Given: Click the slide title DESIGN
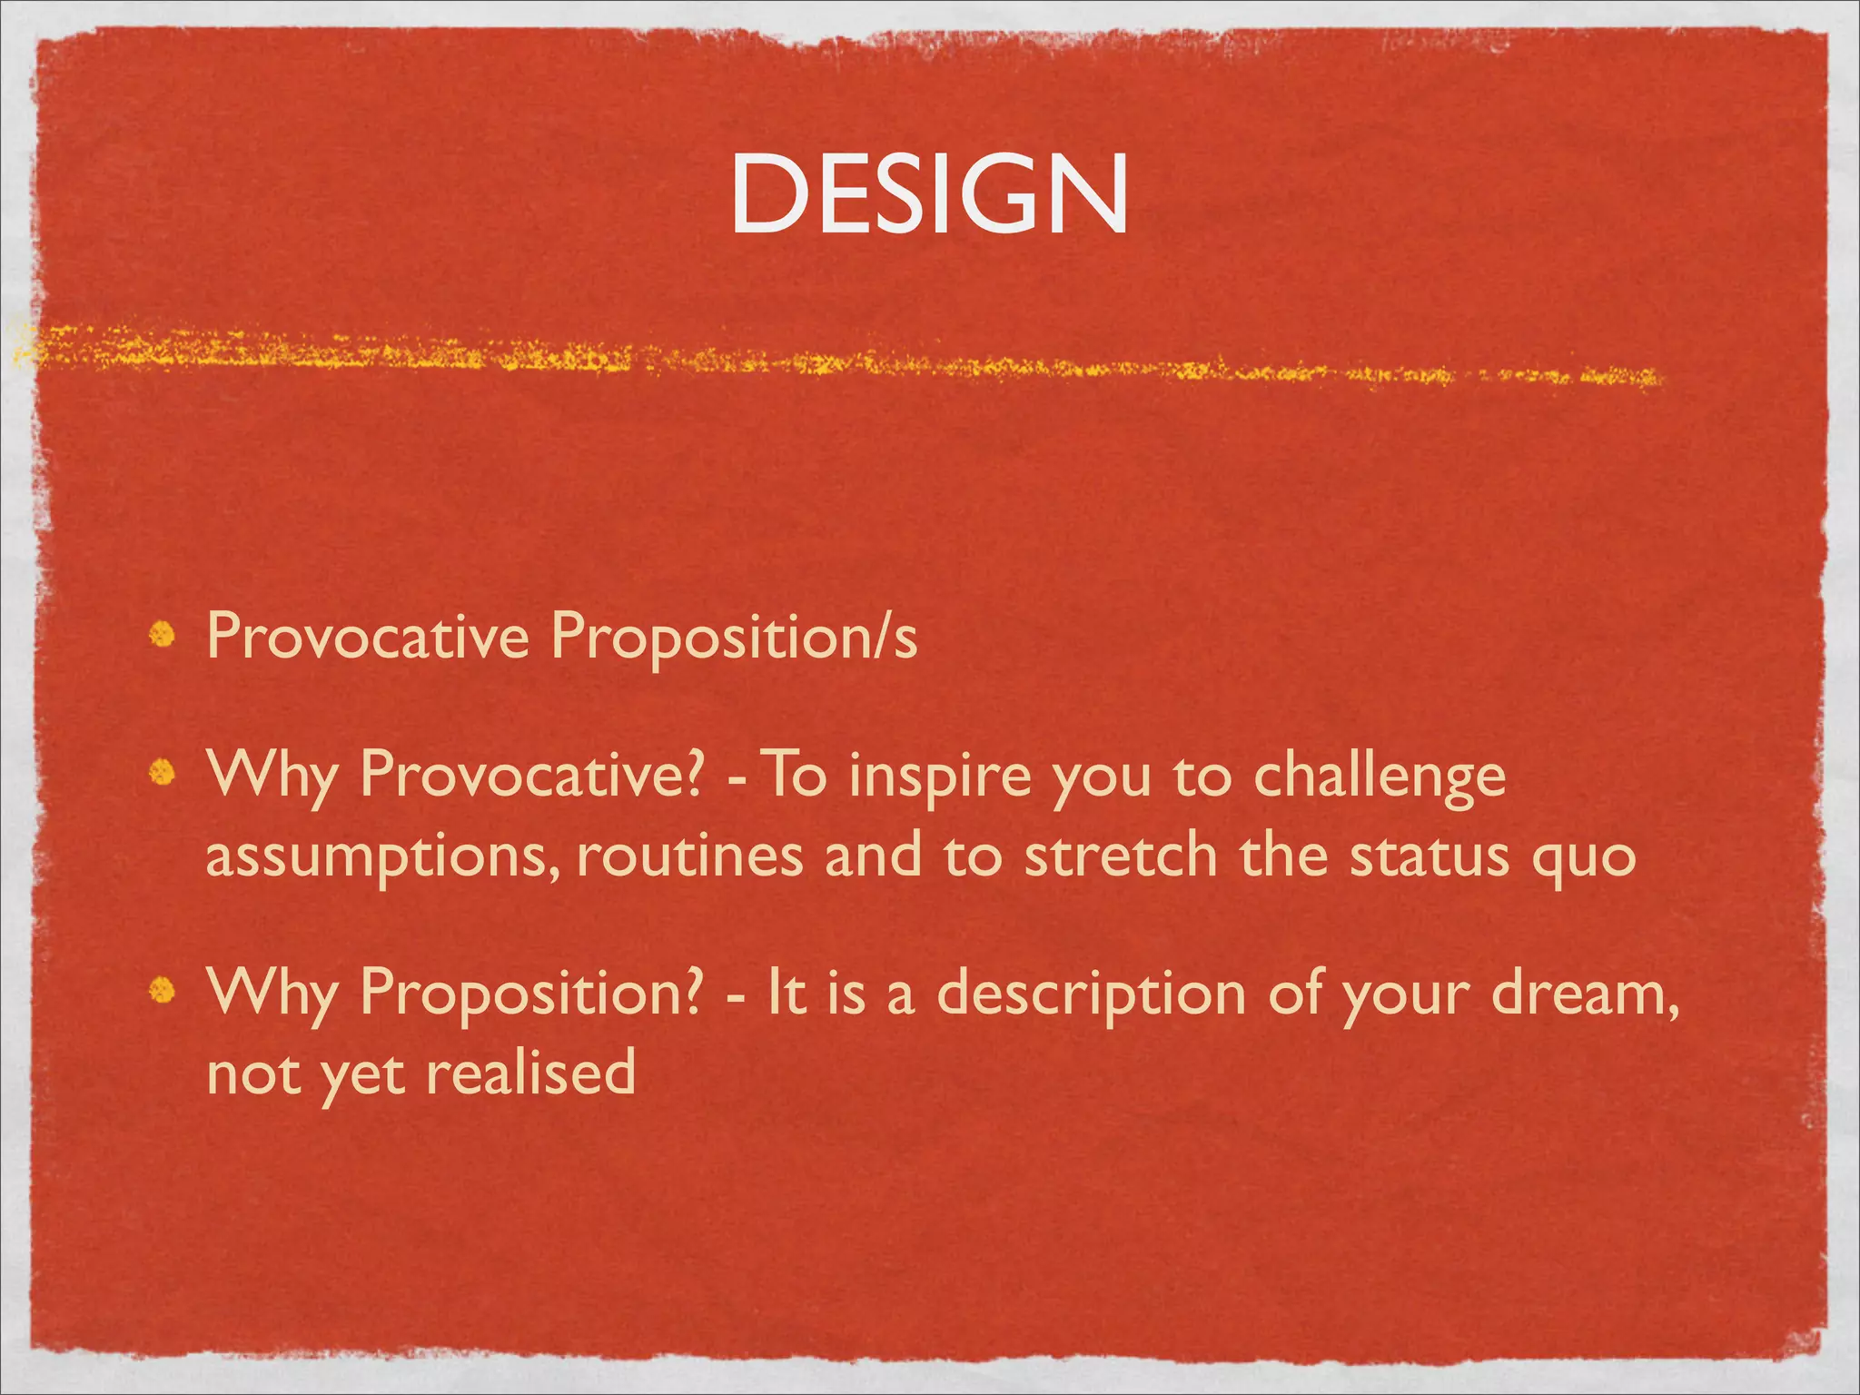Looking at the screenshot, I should pyautogui.click(x=929, y=193).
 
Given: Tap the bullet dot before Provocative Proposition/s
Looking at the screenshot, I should pyautogui.click(x=163, y=635).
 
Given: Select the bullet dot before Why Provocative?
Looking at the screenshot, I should pyautogui.click(x=163, y=772).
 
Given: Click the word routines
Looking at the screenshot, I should pyautogui.click(x=690, y=856).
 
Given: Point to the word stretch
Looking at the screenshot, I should pyautogui.click(x=1121, y=856).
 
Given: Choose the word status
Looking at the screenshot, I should pyautogui.click(x=1429, y=857).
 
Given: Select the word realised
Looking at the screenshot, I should pyautogui.click(x=530, y=1073).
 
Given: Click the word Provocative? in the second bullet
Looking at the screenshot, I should pyautogui.click(x=531, y=777).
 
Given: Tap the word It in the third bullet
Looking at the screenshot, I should pyautogui.click(x=787, y=992).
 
